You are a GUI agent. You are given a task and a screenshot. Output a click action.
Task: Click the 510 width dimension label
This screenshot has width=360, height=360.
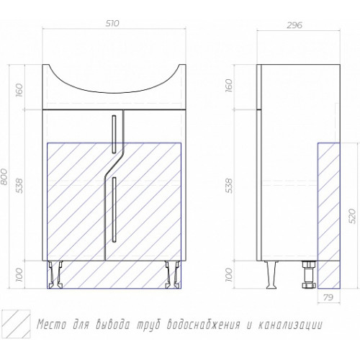click(x=112, y=23)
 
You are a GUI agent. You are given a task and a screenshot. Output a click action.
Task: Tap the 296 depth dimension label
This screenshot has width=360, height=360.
click(x=294, y=25)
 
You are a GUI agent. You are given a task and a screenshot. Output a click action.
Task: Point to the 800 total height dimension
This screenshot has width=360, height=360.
click(x=4, y=176)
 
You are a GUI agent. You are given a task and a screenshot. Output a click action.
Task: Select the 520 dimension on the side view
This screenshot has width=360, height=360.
click(x=352, y=216)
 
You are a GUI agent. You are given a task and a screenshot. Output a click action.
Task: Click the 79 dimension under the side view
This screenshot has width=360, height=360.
click(x=328, y=297)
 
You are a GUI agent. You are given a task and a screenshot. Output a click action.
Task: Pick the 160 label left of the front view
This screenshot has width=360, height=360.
click(x=19, y=89)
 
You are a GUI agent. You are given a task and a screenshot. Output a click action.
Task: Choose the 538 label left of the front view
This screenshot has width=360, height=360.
click(x=19, y=186)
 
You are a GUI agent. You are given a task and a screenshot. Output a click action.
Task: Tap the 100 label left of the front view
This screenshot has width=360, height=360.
click(x=19, y=274)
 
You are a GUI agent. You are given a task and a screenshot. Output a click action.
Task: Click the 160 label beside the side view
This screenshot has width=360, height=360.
click(x=230, y=86)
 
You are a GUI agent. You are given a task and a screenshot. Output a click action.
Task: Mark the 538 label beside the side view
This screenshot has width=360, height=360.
click(x=230, y=186)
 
